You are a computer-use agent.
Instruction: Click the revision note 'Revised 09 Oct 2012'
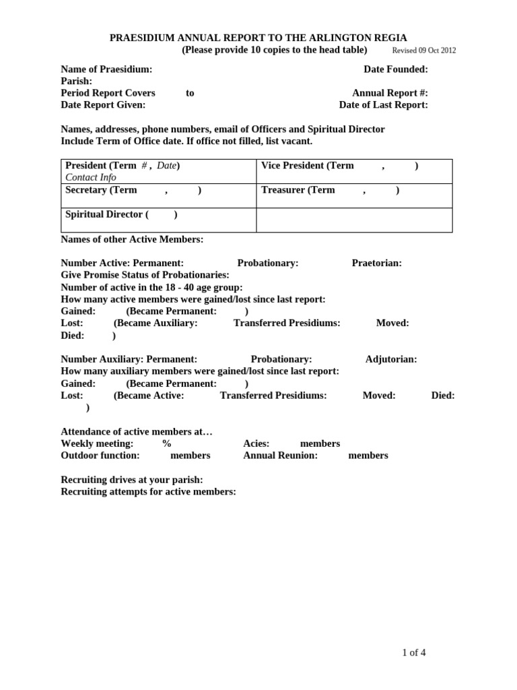(x=423, y=51)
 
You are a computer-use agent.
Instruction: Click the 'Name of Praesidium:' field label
(x=106, y=69)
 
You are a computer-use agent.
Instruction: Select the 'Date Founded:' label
(x=395, y=69)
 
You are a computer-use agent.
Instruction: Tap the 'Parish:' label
(x=76, y=81)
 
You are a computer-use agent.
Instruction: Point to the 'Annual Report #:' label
(x=390, y=93)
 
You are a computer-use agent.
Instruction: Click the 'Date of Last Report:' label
(x=383, y=104)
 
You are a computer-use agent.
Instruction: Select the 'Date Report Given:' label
(x=103, y=104)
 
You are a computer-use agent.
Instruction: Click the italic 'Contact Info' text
(x=90, y=177)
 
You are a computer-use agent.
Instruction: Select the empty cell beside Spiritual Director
(x=354, y=220)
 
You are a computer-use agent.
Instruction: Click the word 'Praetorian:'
(x=376, y=263)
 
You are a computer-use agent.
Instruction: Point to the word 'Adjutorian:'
(x=391, y=359)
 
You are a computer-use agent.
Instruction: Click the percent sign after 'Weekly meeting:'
(x=166, y=443)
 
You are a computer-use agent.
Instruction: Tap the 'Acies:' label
(x=256, y=443)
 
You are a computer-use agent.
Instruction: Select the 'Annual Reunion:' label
(x=280, y=456)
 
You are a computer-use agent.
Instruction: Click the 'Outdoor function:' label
(x=100, y=456)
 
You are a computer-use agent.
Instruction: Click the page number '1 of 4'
(x=413, y=652)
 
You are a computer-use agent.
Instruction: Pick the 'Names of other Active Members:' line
(x=132, y=239)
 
